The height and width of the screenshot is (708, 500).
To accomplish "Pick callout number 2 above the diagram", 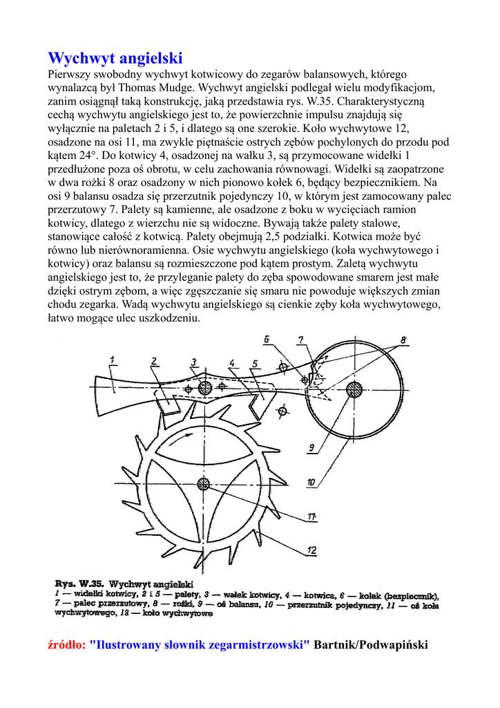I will point(154,360).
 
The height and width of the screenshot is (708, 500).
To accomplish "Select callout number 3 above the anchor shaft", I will point(194,361).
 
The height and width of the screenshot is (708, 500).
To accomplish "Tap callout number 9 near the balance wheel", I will point(311,447).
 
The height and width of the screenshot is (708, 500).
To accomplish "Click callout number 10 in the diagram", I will point(311,482).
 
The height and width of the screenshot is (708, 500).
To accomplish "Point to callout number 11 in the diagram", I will point(312,516).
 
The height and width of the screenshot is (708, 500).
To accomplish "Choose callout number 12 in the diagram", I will point(312,550).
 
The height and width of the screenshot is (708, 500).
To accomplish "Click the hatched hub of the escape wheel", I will point(202,483).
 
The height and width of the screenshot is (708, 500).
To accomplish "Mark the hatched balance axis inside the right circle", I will point(354,390).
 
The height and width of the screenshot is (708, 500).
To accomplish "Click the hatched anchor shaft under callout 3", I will point(204,389).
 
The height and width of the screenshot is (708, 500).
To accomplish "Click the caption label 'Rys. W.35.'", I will point(75,584).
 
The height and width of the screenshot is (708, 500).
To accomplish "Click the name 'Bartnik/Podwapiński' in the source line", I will point(371,645).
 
